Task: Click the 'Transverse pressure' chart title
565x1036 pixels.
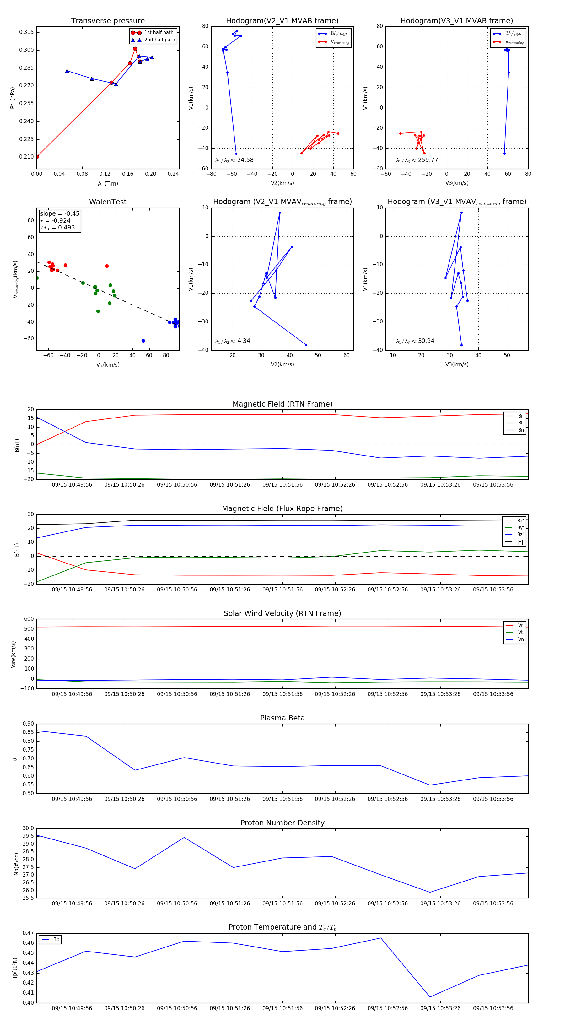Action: (x=108, y=21)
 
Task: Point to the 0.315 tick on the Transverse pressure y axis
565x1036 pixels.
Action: (x=27, y=32)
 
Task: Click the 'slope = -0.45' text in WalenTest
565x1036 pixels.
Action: (x=60, y=213)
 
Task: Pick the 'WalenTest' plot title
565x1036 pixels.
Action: (x=108, y=202)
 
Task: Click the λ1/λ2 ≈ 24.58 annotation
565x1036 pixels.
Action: (x=234, y=160)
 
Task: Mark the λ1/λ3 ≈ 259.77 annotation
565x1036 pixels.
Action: (x=417, y=160)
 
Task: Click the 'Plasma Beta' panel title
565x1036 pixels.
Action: (x=282, y=718)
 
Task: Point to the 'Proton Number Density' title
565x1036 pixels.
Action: (x=282, y=823)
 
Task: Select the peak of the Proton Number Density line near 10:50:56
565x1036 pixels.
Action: (x=184, y=837)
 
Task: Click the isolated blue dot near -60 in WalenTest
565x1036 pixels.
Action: (x=143, y=341)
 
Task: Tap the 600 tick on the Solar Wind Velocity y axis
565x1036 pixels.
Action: (x=29, y=619)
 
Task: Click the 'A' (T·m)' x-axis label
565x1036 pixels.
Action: (x=108, y=183)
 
